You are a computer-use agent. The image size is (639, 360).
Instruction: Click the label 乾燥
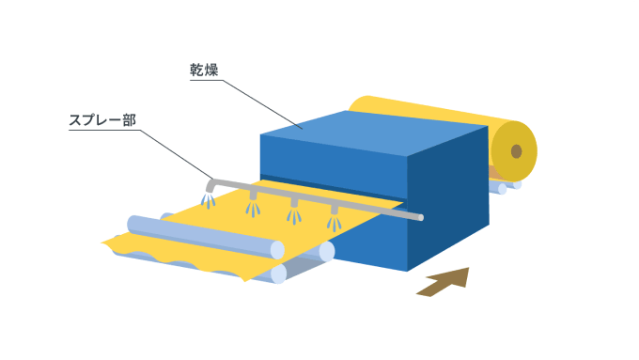click(205, 70)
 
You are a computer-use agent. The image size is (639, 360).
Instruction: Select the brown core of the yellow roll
click(516, 151)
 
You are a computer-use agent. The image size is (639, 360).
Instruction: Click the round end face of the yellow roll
click(517, 151)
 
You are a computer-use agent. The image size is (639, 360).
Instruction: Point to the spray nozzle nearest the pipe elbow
click(210, 192)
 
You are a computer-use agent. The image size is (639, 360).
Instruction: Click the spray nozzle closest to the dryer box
click(334, 210)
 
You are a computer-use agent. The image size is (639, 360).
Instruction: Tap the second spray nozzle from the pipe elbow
click(252, 196)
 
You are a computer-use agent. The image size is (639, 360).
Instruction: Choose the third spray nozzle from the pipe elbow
click(293, 203)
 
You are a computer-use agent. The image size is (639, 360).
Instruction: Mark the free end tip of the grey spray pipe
click(420, 218)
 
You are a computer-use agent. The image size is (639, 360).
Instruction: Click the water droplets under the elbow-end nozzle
click(208, 202)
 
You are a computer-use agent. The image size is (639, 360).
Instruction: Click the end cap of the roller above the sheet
click(277, 249)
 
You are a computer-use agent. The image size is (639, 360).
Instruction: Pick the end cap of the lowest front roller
click(278, 274)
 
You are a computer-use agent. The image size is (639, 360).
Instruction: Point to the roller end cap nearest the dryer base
click(326, 251)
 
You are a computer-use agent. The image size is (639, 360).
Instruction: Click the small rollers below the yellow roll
click(502, 185)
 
